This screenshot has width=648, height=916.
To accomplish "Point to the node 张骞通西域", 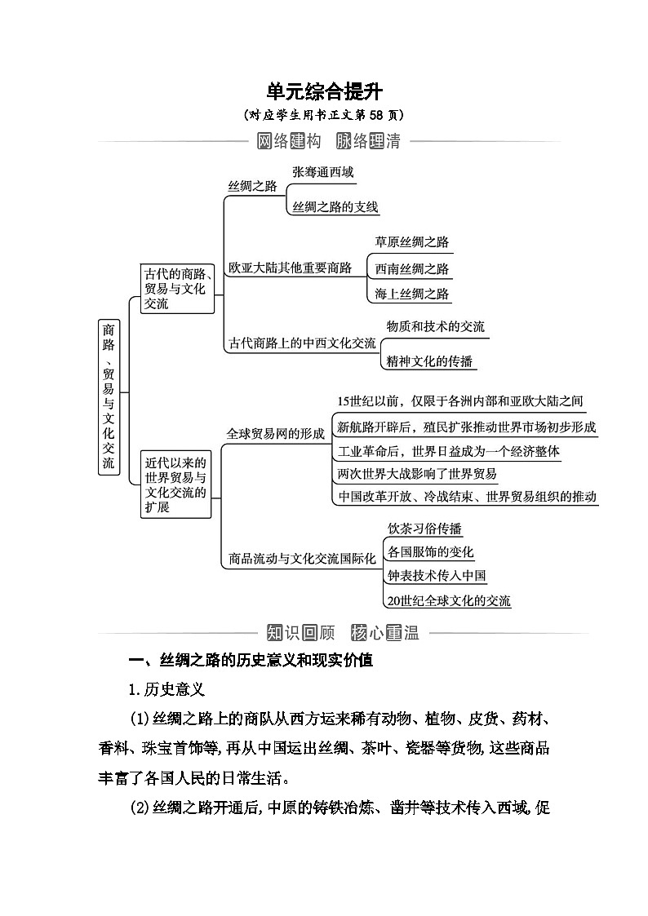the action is point(323,172).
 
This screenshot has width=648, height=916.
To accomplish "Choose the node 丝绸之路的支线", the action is point(335,207).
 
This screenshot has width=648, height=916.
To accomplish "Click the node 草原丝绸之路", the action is point(411,242).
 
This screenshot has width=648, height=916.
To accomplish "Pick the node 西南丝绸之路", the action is point(411,268).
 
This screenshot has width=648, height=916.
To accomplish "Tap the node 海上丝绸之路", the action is point(411,294).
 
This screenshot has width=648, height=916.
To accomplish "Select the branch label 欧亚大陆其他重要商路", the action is point(290,268).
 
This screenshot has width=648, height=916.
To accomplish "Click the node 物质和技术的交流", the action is point(435,326).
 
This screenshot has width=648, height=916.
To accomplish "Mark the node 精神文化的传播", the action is point(429,361).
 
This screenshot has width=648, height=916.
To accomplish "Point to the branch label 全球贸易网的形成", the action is point(275,434).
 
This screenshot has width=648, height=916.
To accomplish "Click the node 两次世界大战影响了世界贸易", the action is point(416,473).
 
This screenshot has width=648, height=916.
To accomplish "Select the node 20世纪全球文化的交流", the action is point(449,601).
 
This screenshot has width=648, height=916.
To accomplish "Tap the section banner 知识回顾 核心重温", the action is point(342,632).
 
